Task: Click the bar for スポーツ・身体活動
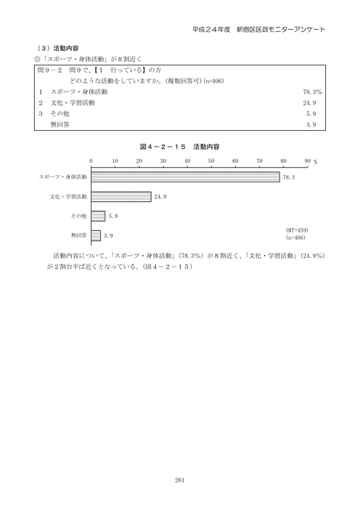click(x=185, y=177)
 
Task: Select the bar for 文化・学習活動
click(x=121, y=196)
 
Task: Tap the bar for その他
click(x=98, y=216)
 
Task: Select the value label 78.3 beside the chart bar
click(x=288, y=177)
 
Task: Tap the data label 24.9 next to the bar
click(x=160, y=196)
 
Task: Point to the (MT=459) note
click(x=298, y=230)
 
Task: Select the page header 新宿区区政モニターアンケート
click(x=278, y=29)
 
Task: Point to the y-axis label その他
click(x=78, y=216)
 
